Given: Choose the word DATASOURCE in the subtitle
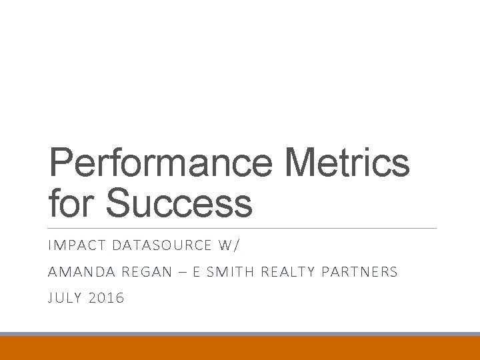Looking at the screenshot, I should coord(160,246).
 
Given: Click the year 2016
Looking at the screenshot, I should coord(107,298).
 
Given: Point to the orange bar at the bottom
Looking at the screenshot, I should coord(240,348).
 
